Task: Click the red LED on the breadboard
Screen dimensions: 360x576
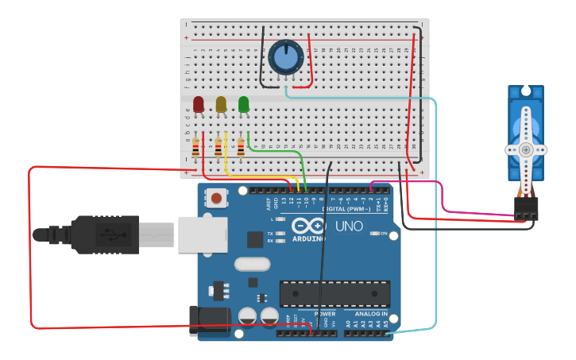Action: [x=199, y=104]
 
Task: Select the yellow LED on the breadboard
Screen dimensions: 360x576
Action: [x=221, y=104]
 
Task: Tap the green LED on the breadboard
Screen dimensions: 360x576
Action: [x=243, y=104]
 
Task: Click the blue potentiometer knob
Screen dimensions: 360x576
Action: [x=285, y=56]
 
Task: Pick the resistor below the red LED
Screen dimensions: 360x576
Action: [x=196, y=148]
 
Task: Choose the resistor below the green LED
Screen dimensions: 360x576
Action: [x=241, y=148]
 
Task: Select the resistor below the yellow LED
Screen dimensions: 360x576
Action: [x=218, y=148]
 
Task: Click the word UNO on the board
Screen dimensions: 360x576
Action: [x=349, y=226]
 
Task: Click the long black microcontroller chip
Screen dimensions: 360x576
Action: [x=334, y=293]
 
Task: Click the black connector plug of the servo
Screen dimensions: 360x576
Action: [x=526, y=208]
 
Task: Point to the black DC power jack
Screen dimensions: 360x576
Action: [x=209, y=320]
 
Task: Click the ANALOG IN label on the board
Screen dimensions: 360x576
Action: [x=371, y=314]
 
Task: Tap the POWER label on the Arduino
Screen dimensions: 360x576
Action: [x=325, y=314]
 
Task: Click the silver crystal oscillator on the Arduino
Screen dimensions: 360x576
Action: [x=252, y=264]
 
